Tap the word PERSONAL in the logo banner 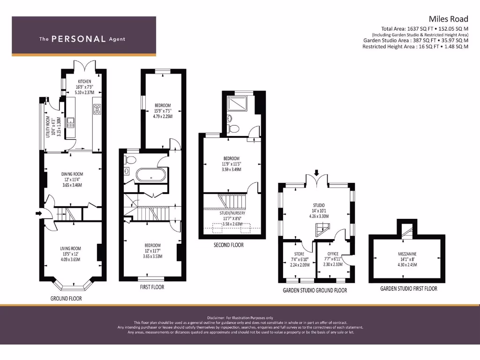coord(78,39)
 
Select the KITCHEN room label coord(84,82)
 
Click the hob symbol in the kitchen coord(97,109)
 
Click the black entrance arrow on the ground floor coord(38,213)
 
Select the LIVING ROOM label coord(70,248)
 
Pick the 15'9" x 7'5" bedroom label coord(163,105)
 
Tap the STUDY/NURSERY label coord(233,213)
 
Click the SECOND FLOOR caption coord(229,245)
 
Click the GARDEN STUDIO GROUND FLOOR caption coord(315,291)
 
